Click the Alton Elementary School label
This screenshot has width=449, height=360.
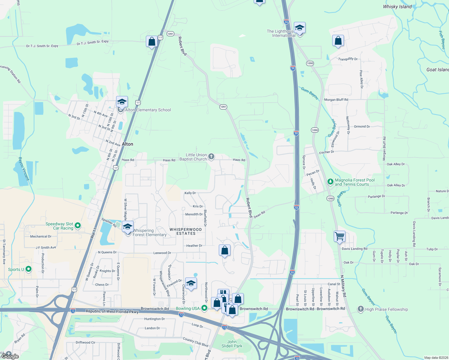pos(148,110)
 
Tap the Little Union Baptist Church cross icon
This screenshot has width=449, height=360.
pos(211,156)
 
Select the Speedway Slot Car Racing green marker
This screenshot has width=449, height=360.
pos(78,225)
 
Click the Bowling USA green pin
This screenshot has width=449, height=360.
pos(204,308)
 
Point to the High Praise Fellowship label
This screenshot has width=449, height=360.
pos(387,309)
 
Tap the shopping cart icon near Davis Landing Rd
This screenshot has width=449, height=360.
pos(339,236)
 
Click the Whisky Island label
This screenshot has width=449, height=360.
pos(397,7)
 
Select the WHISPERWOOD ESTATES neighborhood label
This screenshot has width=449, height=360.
pos(186,231)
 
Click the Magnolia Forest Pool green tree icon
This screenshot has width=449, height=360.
pos(330,181)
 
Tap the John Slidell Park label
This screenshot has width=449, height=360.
pos(232,344)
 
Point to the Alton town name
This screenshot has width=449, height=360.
pos(127,144)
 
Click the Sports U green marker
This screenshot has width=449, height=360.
pos(29,269)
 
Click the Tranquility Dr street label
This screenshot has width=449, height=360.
pos(348,59)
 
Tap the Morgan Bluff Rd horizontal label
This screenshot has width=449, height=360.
pos(336,100)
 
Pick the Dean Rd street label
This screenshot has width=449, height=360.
pos(259,214)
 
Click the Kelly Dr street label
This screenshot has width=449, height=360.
pos(190,193)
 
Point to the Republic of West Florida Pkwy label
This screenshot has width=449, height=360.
pos(112,311)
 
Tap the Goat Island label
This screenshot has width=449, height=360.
pos(437,70)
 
